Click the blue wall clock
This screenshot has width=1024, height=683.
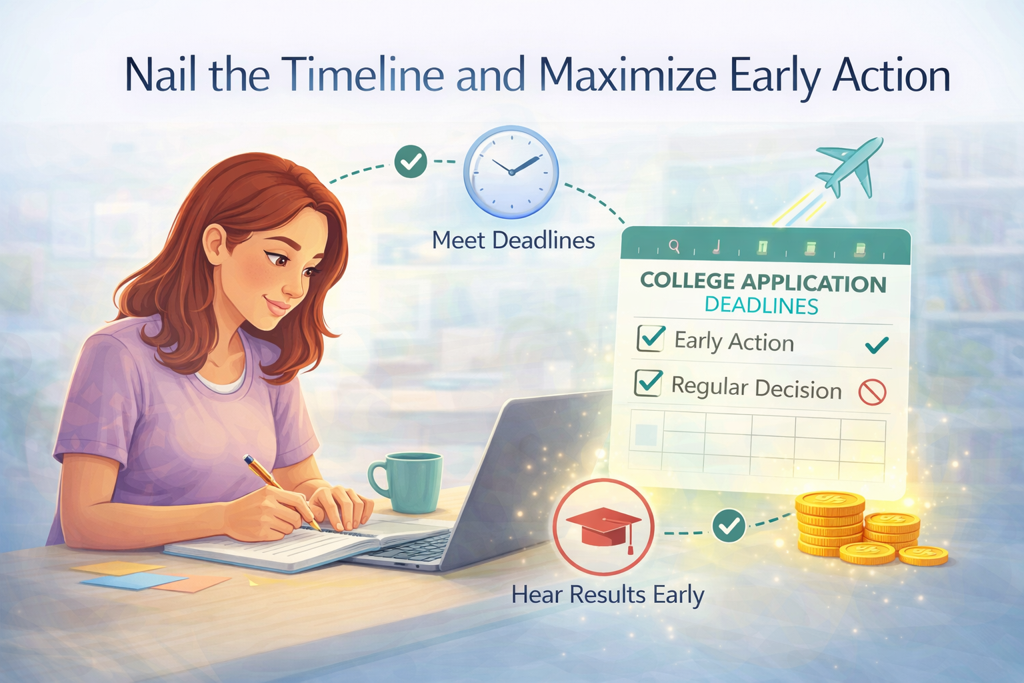coord(511,171)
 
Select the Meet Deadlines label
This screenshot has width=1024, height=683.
coord(513,240)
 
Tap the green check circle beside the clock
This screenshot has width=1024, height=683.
coord(411,161)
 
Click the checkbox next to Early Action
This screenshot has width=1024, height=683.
coord(651,338)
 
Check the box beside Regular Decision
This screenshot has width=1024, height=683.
coord(648,384)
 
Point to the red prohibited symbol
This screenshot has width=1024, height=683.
coord(872,392)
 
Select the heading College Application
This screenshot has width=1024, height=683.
coord(763,282)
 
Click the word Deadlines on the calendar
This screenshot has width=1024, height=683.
coord(761,306)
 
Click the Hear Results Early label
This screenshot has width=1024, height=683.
coord(607,595)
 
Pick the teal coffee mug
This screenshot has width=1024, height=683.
coord(408,481)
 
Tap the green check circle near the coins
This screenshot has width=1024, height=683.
coord(729,526)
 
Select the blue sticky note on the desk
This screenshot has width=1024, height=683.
coord(133,581)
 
